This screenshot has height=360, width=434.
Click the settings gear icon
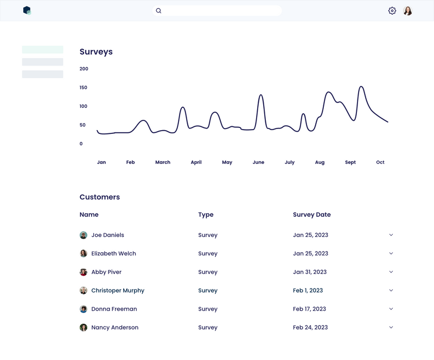click(392, 11)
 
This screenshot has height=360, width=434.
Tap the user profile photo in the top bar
click(408, 11)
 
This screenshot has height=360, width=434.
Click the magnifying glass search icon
click(158, 11)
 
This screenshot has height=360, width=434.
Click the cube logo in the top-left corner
click(27, 10)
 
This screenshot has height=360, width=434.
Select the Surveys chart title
click(96, 52)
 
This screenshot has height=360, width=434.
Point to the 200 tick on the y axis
click(84, 69)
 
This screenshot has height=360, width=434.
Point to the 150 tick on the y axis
click(84, 87)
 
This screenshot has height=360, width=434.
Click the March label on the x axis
click(163, 162)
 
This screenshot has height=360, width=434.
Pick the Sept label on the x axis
click(350, 162)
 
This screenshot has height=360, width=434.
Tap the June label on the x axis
click(258, 162)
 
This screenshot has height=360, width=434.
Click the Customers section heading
click(100, 197)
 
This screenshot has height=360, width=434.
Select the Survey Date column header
click(311, 215)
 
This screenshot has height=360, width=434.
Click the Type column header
click(206, 215)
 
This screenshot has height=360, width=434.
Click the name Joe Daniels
click(107, 235)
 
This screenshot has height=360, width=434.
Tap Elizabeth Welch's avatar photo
click(84, 254)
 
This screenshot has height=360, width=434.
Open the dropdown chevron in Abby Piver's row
click(391, 272)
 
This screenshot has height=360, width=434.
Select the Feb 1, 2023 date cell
click(308, 291)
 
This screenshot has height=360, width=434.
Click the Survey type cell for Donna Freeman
click(208, 309)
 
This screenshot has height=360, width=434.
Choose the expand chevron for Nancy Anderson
click(391, 327)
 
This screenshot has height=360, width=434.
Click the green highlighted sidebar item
click(42, 50)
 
